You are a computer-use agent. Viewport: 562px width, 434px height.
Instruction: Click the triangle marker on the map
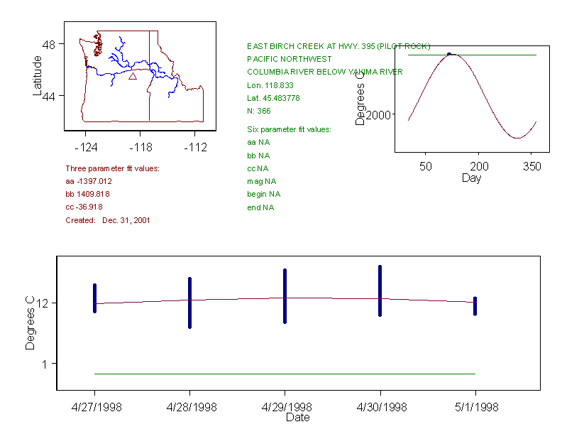coord(133,76)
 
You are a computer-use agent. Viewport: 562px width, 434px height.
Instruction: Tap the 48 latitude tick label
coord(50,44)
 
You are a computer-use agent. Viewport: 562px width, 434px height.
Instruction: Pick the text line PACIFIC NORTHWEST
coord(289,59)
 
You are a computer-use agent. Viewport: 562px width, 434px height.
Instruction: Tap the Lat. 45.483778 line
coord(273,98)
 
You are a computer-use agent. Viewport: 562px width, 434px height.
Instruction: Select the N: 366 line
coord(259,111)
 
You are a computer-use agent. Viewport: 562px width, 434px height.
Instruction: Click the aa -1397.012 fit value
coord(89,181)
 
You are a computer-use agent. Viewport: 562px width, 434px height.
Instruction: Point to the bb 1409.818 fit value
coord(89,194)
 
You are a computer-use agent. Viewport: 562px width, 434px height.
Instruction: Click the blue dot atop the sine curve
coord(449,54)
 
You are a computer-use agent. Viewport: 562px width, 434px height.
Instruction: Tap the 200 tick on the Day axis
coord(479,166)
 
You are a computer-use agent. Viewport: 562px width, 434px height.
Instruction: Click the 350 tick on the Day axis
coord(532,166)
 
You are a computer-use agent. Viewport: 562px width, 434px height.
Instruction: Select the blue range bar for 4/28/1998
coord(189,303)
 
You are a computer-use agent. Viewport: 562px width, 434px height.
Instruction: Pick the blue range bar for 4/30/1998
coord(380,291)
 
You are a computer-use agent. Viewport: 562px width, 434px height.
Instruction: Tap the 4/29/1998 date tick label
coord(285,407)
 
